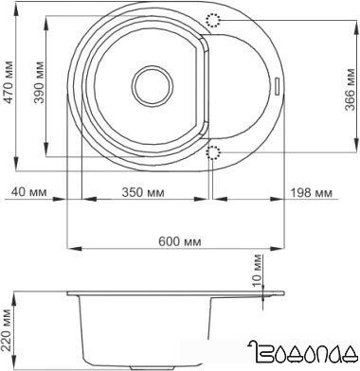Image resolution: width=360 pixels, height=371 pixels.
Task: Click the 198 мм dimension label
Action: (x=312, y=192)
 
